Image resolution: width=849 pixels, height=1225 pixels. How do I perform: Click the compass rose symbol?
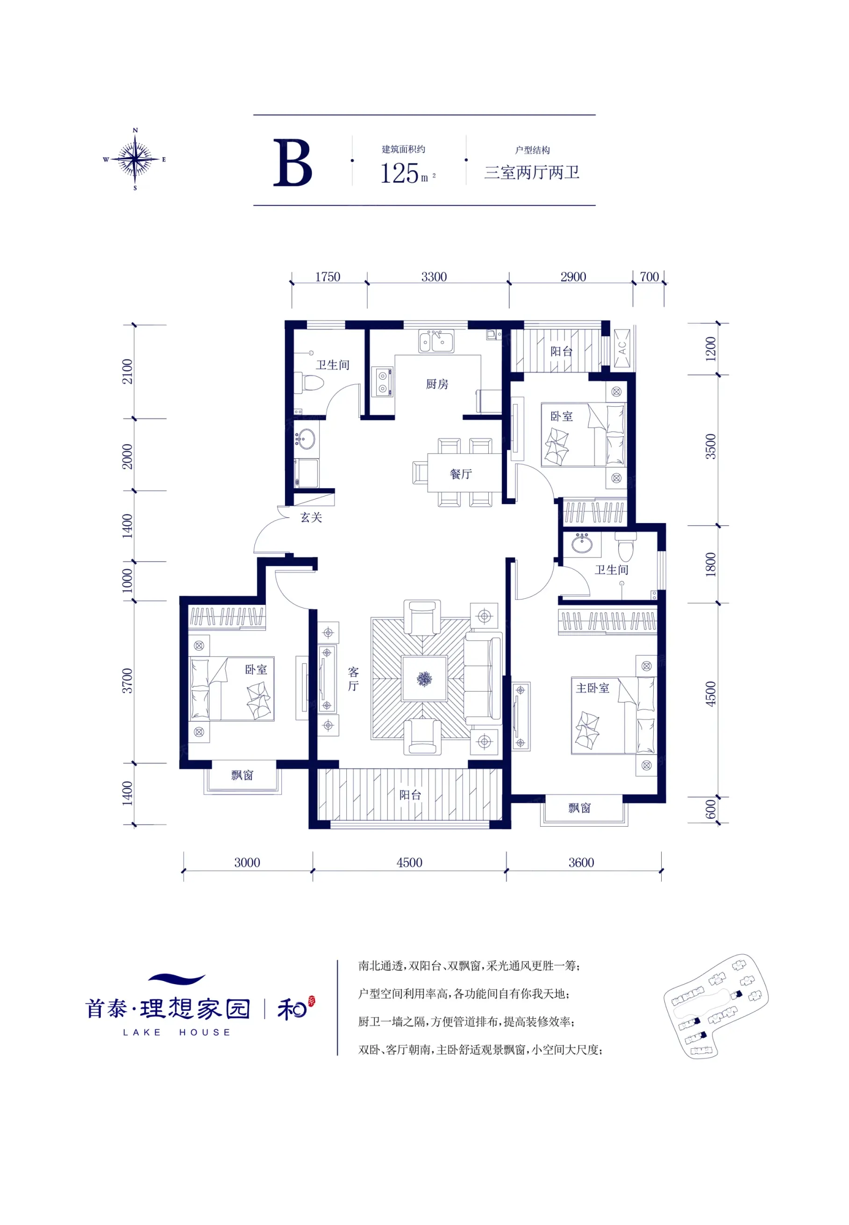(x=135, y=159)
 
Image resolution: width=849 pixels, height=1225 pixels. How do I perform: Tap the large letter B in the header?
(x=293, y=163)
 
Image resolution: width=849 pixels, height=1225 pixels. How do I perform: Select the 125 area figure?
(x=400, y=173)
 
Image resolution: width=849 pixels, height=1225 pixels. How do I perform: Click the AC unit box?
(x=622, y=348)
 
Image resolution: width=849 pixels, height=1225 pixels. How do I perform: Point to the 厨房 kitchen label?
(x=437, y=384)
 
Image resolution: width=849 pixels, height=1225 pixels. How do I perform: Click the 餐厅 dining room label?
(x=461, y=474)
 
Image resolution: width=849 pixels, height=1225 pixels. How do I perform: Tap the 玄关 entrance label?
(x=311, y=517)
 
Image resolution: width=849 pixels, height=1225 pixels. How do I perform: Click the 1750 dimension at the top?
(x=328, y=277)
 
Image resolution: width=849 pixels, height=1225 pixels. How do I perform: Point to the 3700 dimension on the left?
(x=127, y=681)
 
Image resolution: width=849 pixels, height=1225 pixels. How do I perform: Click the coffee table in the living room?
(x=424, y=678)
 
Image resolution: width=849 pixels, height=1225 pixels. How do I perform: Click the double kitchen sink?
(x=436, y=341)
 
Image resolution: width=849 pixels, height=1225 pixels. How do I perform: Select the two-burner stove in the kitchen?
(x=383, y=382)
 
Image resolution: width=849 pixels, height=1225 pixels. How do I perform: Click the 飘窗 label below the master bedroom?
(x=579, y=808)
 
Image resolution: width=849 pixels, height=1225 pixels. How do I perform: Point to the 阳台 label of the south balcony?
(x=410, y=795)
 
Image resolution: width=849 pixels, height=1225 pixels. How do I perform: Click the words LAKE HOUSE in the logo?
(x=177, y=1032)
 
